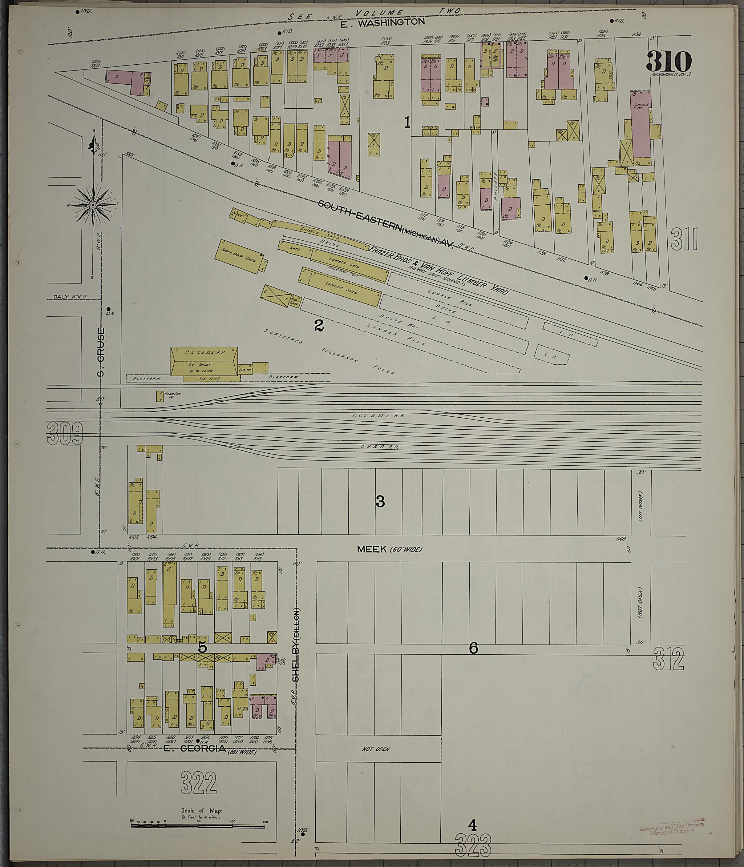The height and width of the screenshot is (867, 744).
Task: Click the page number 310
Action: point(669,62)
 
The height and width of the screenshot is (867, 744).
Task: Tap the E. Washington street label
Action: point(382,23)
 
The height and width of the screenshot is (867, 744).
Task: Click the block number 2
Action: point(319,326)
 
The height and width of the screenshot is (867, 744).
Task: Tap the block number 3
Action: point(380,501)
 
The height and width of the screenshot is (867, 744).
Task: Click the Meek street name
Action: point(372,549)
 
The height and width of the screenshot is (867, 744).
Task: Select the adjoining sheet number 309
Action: point(65,433)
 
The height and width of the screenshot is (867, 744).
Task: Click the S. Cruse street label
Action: point(101,351)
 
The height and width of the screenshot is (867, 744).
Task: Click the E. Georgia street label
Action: point(194,748)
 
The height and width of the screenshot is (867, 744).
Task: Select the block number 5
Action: point(202,648)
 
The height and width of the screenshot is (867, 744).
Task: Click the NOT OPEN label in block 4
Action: point(376,749)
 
